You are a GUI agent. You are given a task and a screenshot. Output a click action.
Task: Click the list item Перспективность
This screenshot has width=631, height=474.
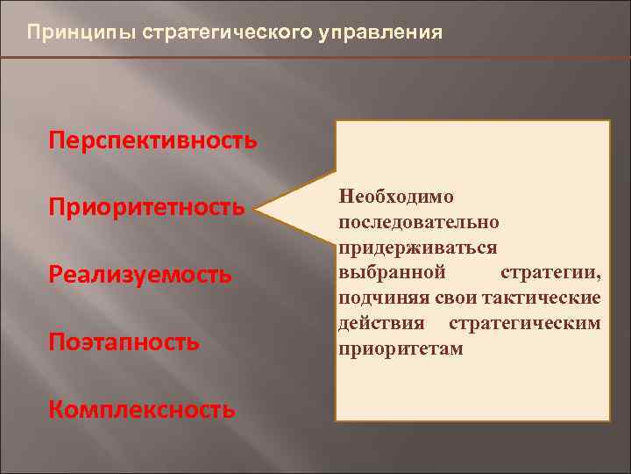click(153, 140)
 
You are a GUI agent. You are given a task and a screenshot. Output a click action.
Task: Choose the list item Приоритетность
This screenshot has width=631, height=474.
click(146, 208)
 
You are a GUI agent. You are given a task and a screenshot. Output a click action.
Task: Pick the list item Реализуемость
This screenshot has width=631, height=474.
click(141, 275)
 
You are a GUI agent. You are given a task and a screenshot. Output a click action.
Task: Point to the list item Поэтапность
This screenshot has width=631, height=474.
click(124, 341)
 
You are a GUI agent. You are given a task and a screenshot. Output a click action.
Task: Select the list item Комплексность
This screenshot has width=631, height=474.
click(142, 409)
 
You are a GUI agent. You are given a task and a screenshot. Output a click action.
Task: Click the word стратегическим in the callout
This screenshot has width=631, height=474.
click(525, 324)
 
